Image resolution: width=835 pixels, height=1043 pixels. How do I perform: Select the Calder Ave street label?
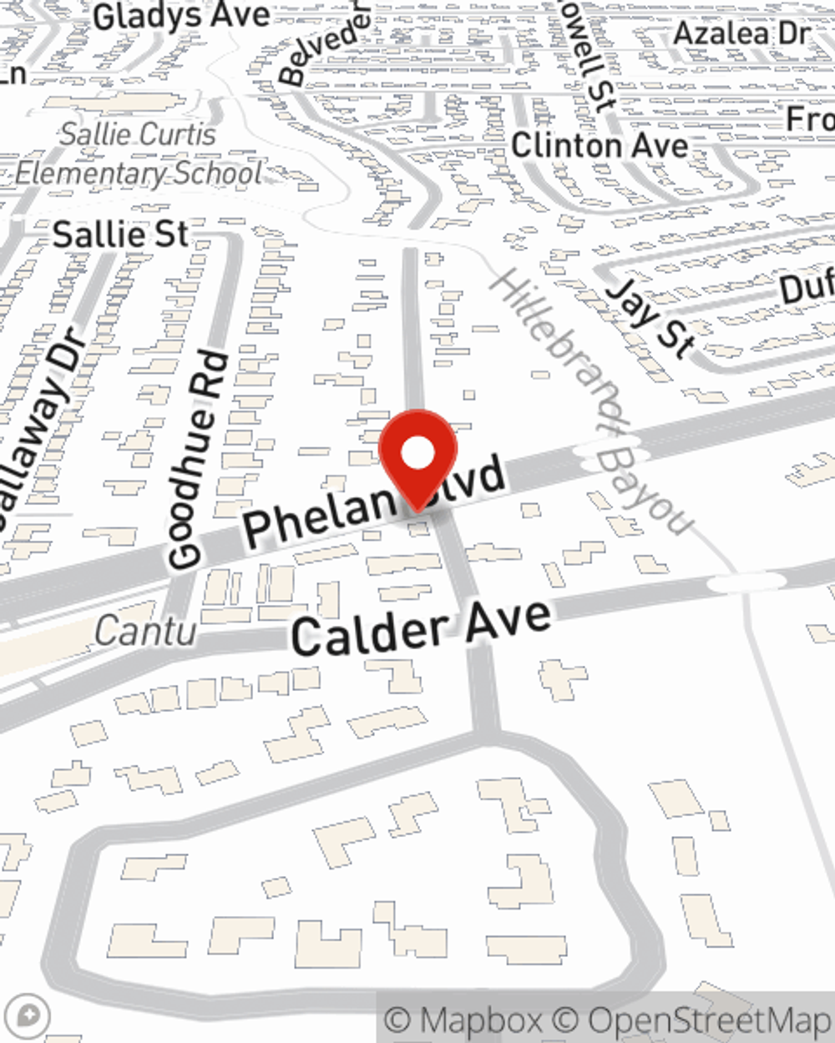pyautogui.click(x=422, y=627)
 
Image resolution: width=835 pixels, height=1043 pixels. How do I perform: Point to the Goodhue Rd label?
pyautogui.click(x=197, y=461)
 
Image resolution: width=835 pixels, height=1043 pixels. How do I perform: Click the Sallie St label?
pyautogui.click(x=121, y=234)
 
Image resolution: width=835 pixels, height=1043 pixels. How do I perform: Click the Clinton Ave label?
pyautogui.click(x=600, y=145)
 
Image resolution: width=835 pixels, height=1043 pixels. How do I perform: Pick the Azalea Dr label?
pyautogui.click(x=741, y=34)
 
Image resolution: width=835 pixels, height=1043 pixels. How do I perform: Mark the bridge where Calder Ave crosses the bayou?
pyautogui.click(x=747, y=582)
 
